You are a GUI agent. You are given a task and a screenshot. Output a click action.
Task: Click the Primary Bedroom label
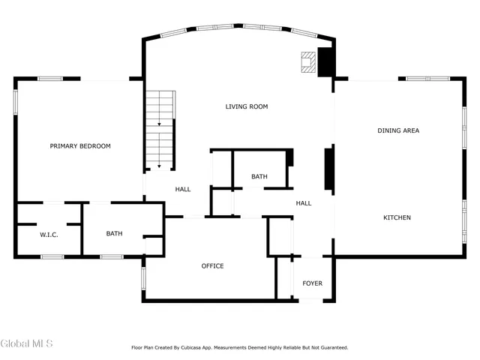(80, 146)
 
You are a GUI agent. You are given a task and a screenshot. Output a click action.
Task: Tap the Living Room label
(247, 106)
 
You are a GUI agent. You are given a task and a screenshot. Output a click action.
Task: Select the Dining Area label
(397, 130)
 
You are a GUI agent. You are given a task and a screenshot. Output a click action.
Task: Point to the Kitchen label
(397, 217)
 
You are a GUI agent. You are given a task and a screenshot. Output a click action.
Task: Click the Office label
(212, 266)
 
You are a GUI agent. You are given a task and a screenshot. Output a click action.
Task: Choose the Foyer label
(313, 283)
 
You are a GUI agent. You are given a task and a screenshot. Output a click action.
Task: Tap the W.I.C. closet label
(49, 235)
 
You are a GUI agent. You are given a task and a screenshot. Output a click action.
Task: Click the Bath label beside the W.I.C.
(114, 234)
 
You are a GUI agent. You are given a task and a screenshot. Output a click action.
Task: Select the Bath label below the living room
(259, 177)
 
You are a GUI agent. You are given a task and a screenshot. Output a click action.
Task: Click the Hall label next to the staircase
(183, 190)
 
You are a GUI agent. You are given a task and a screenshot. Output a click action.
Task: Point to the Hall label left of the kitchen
(304, 203)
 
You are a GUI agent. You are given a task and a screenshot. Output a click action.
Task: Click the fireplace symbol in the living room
(308, 62)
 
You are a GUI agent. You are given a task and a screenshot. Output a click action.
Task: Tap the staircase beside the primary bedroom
(160, 131)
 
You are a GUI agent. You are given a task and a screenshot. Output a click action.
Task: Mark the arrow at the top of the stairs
(159, 122)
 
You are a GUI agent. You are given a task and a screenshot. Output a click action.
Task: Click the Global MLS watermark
(27, 344)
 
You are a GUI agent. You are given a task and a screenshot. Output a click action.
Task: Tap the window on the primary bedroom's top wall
(50, 79)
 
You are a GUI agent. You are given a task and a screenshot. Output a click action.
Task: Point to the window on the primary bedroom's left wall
(16, 103)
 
